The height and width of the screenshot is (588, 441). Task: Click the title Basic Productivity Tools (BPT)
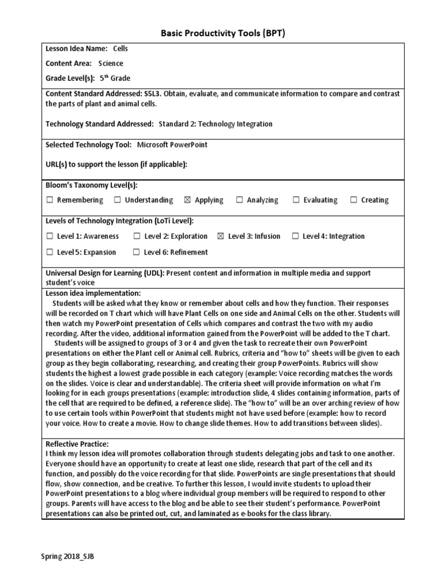pyautogui.click(x=222, y=33)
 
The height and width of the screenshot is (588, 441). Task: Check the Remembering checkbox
pyautogui.click(x=49, y=200)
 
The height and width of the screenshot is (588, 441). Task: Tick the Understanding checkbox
pyautogui.click(x=117, y=200)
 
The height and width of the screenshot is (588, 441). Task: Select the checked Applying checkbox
pyautogui.click(x=187, y=200)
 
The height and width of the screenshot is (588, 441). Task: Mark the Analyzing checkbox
pyautogui.click(x=239, y=200)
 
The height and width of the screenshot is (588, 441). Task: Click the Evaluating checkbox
pyautogui.click(x=296, y=200)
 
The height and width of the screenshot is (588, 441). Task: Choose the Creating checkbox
pyautogui.click(x=354, y=200)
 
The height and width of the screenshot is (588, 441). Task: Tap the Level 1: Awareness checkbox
pyautogui.click(x=49, y=236)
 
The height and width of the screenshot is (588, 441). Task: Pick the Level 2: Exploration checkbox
pyautogui.click(x=137, y=236)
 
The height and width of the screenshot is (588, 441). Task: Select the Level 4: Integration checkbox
pyautogui.click(x=295, y=236)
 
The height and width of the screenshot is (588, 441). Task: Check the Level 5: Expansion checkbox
pyautogui.click(x=49, y=252)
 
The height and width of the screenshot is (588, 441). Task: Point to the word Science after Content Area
pyautogui.click(x=110, y=64)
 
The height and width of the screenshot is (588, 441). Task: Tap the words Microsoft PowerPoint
pyautogui.click(x=172, y=145)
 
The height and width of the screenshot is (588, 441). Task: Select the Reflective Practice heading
pyautogui.click(x=77, y=444)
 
